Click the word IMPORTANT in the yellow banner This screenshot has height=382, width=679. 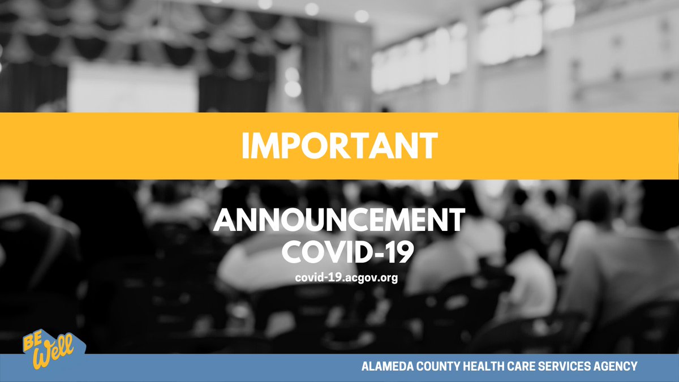point(339,145)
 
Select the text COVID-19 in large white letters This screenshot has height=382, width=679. point(339,254)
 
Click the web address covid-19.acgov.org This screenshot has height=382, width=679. point(339,278)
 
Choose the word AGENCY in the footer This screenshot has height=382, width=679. point(614,367)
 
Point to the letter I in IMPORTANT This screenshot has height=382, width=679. point(246,145)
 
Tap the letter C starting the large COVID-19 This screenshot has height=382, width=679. point(291,254)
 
